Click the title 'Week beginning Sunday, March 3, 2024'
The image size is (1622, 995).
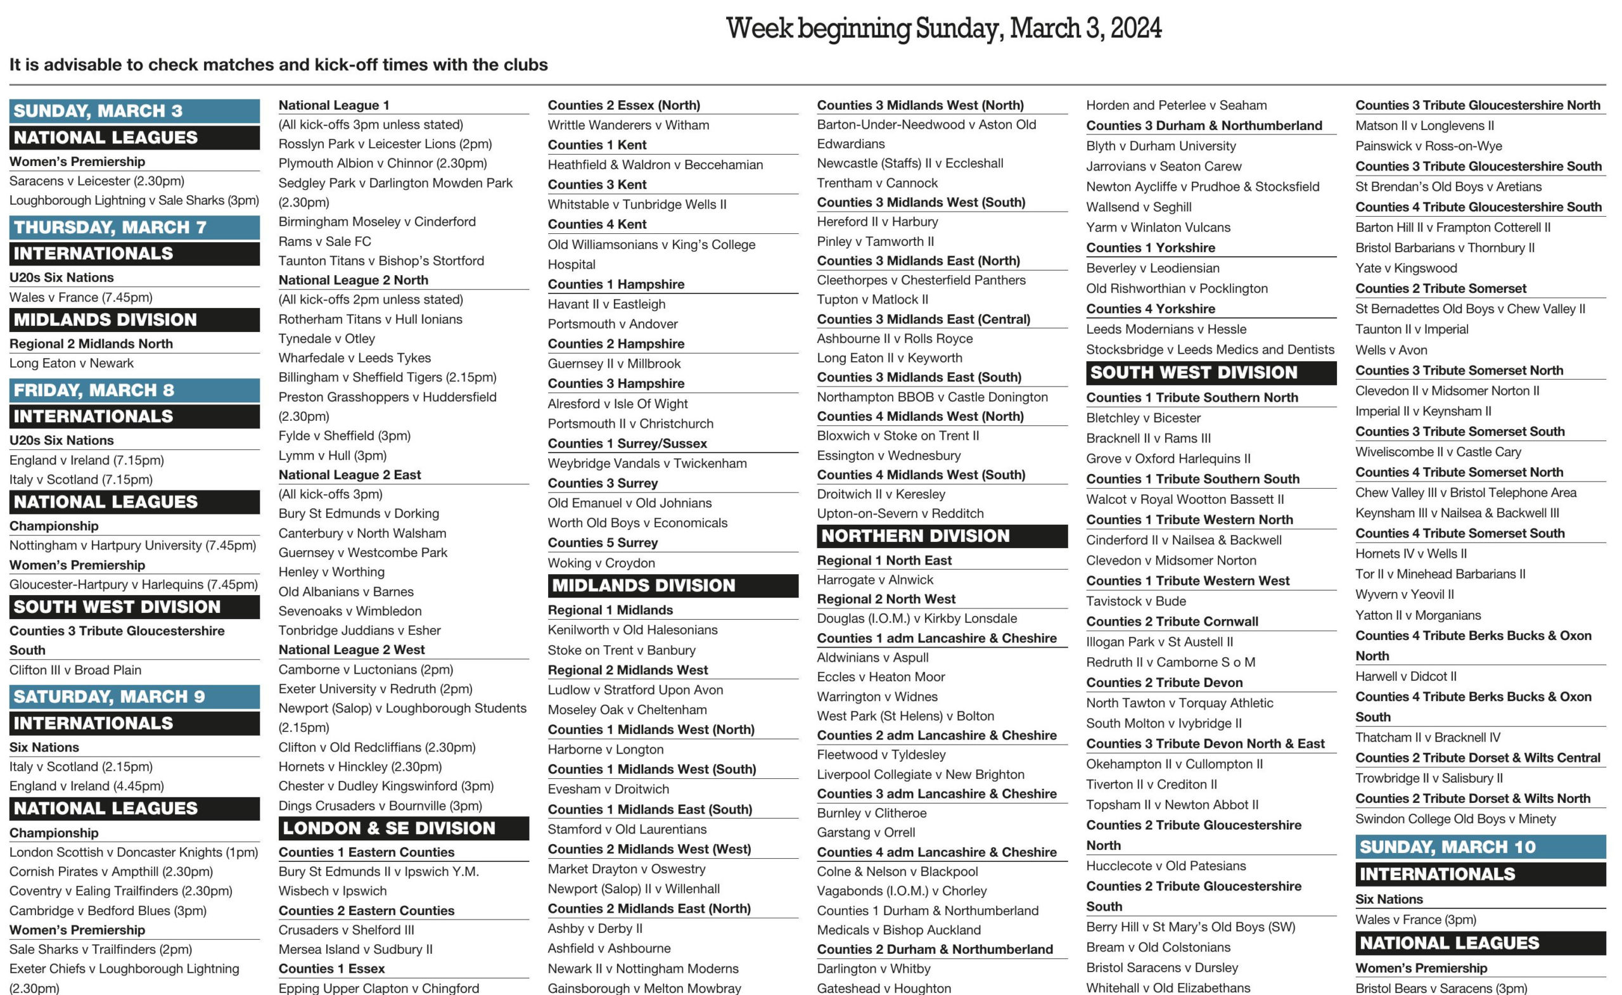943,29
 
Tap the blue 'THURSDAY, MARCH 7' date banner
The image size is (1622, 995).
134,227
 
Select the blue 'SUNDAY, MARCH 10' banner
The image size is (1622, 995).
1480,847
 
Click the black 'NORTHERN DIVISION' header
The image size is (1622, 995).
942,536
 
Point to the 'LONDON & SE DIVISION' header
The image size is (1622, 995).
403,828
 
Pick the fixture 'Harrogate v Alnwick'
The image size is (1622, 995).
875,579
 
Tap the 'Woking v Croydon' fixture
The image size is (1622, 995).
601,563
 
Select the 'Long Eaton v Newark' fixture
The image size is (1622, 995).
71,363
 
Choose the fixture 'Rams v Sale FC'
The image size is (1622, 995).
324,241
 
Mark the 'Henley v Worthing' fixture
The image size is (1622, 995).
331,572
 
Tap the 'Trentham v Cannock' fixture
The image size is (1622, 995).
877,183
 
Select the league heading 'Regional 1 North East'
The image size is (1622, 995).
884,560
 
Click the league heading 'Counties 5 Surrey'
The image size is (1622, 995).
603,542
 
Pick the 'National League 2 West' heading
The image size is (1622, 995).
352,650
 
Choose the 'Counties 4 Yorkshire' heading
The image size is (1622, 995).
1150,309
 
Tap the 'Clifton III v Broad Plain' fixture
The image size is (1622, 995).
75,671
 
